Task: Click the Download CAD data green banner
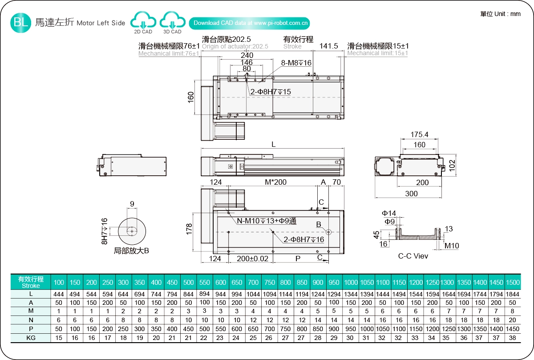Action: pyautogui.click(x=251, y=23)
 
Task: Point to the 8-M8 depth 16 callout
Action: pyautogui.click(x=296, y=63)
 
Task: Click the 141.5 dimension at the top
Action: pyautogui.click(x=329, y=46)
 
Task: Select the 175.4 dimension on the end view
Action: pyautogui.click(x=419, y=134)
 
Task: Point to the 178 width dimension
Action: pyautogui.click(x=189, y=230)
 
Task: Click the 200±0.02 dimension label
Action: pyautogui.click(x=253, y=259)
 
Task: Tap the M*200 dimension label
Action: pyautogui.click(x=276, y=182)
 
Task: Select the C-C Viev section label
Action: pyautogui.click(x=413, y=256)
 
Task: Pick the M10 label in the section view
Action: pyautogui.click(x=452, y=246)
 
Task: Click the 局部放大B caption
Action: pyautogui.click(x=131, y=251)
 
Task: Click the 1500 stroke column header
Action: pyautogui.click(x=513, y=283)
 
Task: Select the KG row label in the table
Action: pyautogui.click(x=31, y=338)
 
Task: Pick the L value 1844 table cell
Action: pyautogui.click(x=513, y=294)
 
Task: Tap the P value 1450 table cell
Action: pyautogui.click(x=513, y=329)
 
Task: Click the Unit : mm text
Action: pyautogui.click(x=500, y=14)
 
